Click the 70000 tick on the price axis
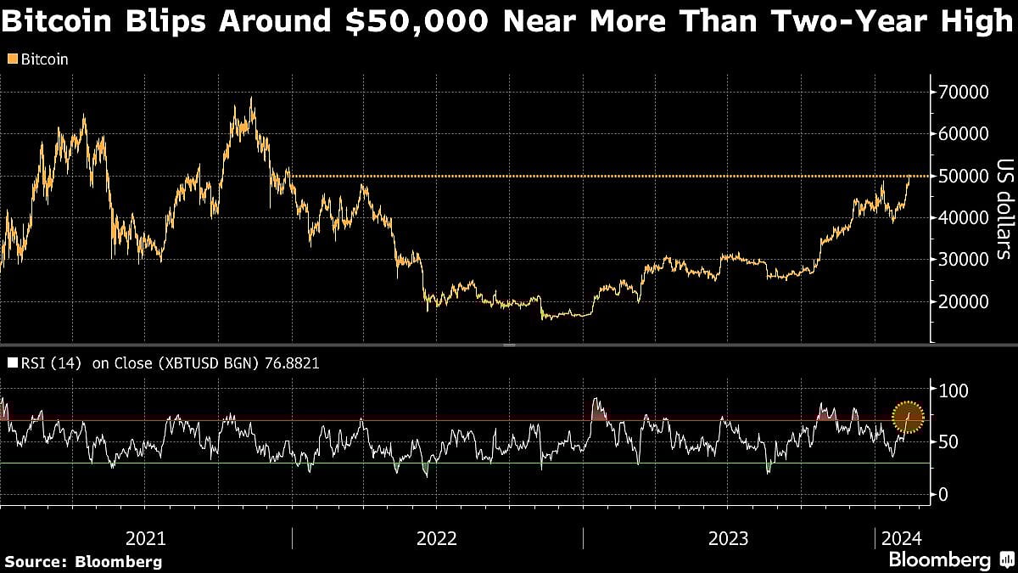[x=964, y=92]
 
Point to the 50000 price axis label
[x=964, y=176]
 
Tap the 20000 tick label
[x=964, y=301]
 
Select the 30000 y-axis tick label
[x=964, y=260]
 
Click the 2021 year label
[x=146, y=538]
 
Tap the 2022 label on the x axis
[x=438, y=538]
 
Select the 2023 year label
[x=729, y=538]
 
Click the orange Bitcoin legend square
[x=11, y=59]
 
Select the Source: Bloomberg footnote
[x=83, y=561]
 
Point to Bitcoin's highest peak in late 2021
[x=251, y=98]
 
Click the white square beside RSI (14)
[x=11, y=363]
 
